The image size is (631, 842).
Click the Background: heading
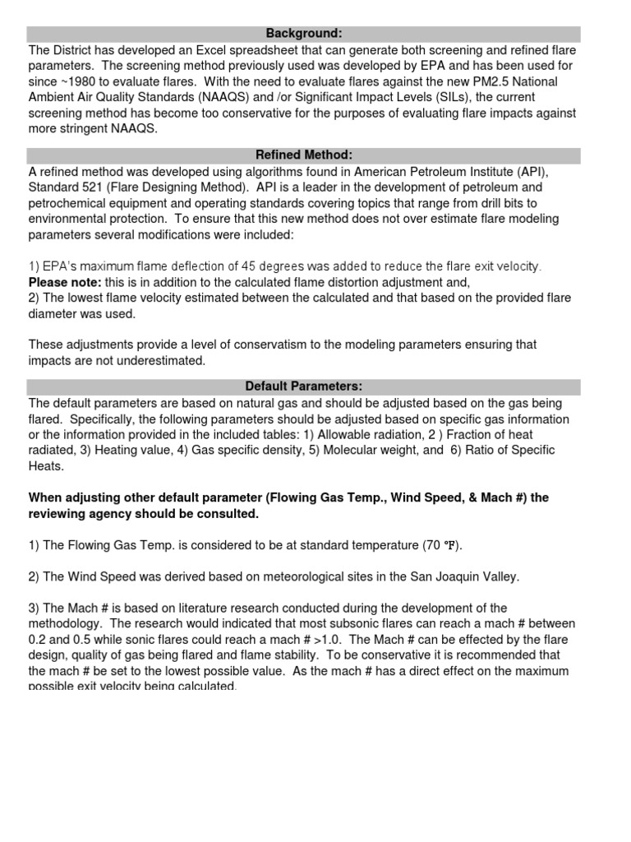(303, 34)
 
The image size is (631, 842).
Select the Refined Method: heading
(303, 156)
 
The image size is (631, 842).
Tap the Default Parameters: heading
(303, 387)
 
